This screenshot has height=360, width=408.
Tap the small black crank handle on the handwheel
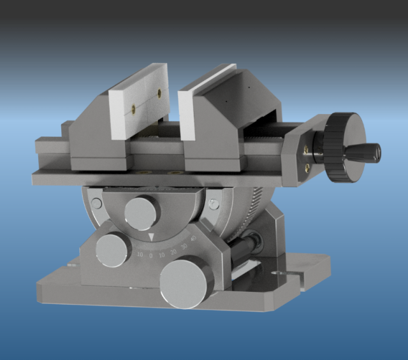(366, 152)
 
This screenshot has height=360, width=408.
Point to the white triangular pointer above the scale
(151, 238)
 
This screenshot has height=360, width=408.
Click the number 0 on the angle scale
(151, 255)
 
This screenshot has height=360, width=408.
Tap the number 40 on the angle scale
(193, 240)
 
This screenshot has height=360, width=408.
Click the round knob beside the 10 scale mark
(113, 248)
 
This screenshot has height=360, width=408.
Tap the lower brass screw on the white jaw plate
(134, 110)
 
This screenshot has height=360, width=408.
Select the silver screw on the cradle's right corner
(214, 204)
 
